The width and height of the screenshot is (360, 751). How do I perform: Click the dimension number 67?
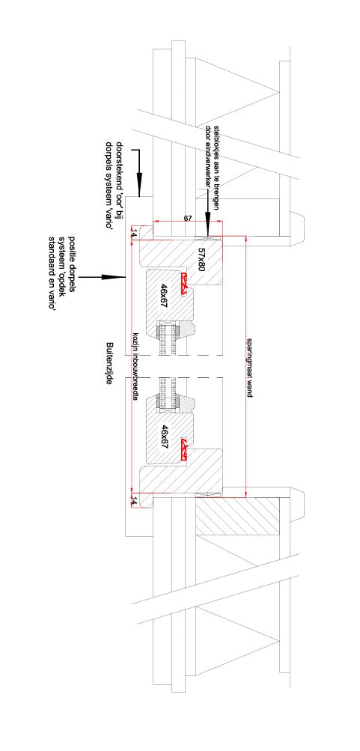[x=188, y=218]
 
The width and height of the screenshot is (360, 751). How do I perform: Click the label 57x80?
[x=201, y=260]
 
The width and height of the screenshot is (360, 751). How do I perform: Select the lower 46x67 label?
[x=165, y=436]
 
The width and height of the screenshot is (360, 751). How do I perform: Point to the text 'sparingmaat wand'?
[x=250, y=367]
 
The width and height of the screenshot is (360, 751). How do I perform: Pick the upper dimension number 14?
[x=134, y=234]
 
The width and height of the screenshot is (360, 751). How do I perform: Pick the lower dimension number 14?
[x=134, y=502]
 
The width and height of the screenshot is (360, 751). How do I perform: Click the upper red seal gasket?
[x=184, y=283]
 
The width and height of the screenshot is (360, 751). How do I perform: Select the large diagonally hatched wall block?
[x=237, y=517]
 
